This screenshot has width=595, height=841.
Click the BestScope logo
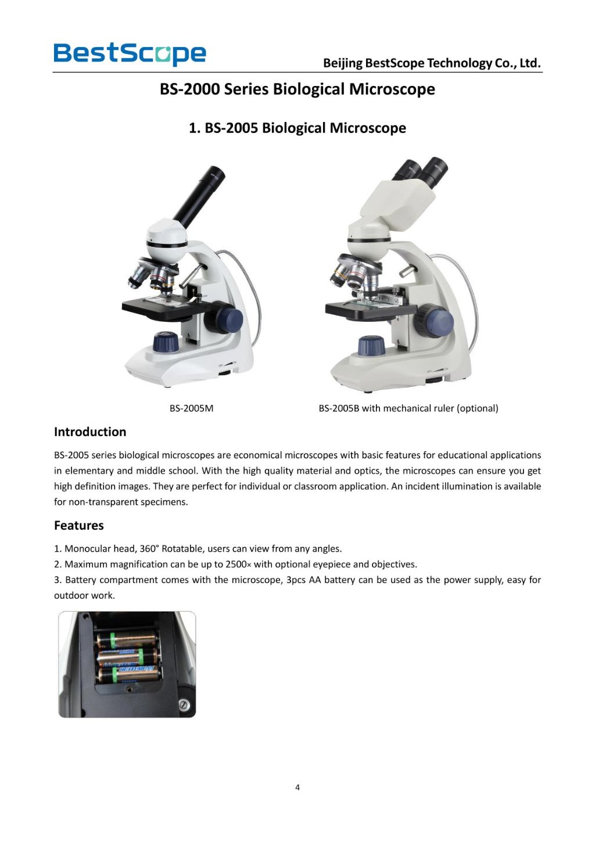(x=130, y=53)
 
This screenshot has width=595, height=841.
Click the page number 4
(x=297, y=788)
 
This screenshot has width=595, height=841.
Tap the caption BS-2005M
(x=191, y=408)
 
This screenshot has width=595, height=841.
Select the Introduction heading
(x=90, y=432)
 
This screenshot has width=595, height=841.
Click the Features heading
(x=79, y=525)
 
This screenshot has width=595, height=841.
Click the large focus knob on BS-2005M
(x=227, y=318)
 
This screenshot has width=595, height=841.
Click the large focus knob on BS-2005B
(x=437, y=319)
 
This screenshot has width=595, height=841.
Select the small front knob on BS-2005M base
(x=166, y=342)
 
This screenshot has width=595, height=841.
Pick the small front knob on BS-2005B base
(x=371, y=346)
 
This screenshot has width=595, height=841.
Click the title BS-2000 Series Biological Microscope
(x=297, y=89)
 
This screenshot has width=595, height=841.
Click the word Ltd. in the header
(x=529, y=63)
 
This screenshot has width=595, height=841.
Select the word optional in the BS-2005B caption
(x=476, y=408)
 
